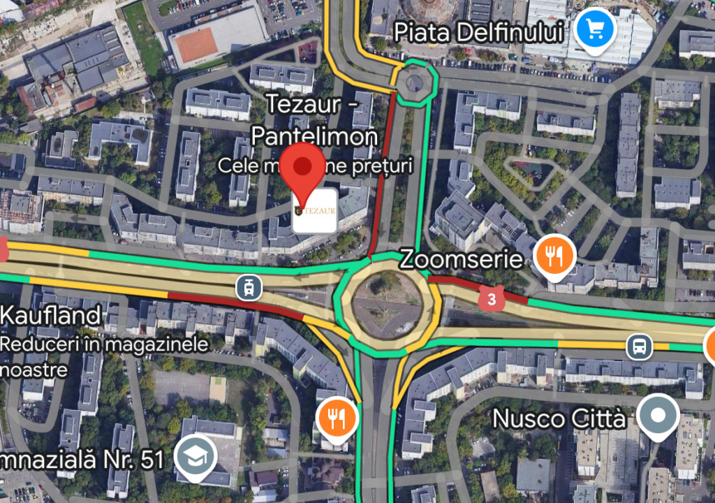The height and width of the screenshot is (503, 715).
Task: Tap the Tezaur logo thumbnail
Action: coord(314,210)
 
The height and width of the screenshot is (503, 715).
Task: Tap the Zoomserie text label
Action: coord(461,260)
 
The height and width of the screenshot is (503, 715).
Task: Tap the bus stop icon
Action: coord(639,346)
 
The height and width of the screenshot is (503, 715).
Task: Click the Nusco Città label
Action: coord(559,418)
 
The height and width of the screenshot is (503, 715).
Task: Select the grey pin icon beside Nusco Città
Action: coord(658,415)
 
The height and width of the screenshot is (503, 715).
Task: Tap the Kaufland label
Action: coord(50,316)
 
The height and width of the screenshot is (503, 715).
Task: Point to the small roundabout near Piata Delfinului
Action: coord(415,84)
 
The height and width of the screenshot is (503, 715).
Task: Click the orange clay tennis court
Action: coord(196,45)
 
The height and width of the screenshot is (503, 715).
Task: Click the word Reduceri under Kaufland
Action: coord(32,344)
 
